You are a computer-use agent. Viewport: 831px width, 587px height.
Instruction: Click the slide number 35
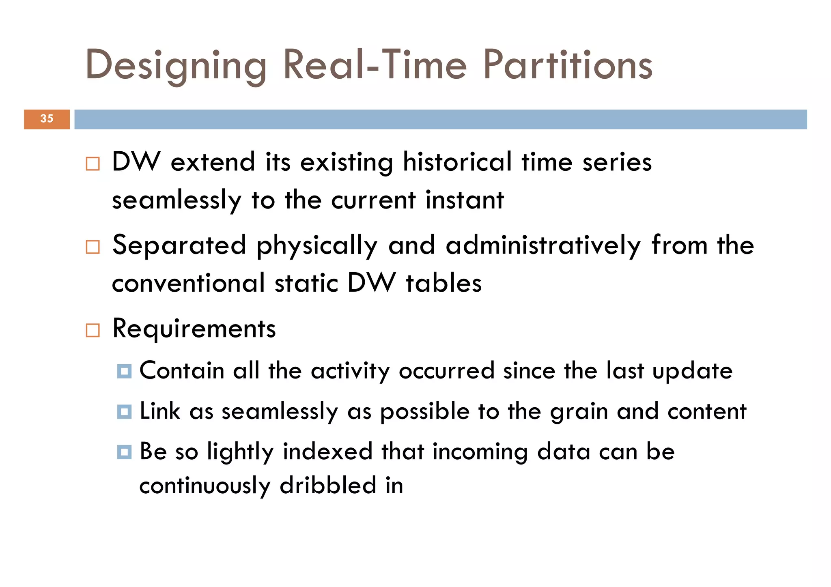(x=47, y=118)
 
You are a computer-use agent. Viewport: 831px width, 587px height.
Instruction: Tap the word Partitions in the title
(x=568, y=65)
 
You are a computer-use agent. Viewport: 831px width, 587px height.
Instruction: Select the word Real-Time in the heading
(x=375, y=65)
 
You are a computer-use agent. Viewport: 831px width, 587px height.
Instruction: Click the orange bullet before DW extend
(x=93, y=164)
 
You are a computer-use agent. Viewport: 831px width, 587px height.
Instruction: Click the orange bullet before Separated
(x=93, y=247)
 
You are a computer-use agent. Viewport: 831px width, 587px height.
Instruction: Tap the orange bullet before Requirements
(x=93, y=330)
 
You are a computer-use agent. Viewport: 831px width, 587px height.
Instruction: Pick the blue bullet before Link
(x=124, y=412)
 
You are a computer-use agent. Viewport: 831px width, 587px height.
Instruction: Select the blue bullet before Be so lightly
(x=124, y=452)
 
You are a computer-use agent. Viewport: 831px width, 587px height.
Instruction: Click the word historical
(x=457, y=162)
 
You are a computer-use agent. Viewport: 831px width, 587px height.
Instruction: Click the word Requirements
(x=194, y=329)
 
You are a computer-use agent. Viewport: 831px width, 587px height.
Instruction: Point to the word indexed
(x=327, y=452)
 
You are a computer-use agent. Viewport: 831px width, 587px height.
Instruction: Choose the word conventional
(x=188, y=283)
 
